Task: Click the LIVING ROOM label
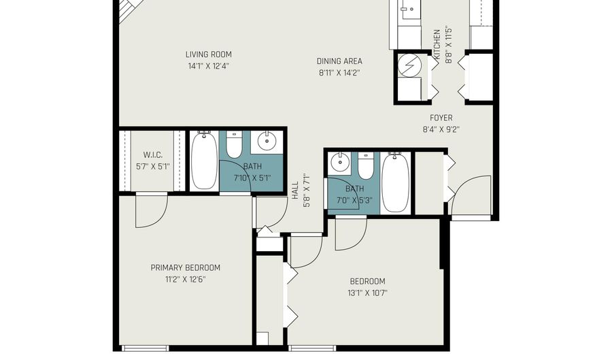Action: pos(209,54)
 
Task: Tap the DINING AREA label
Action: pos(339,61)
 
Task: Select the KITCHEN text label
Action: pos(437,44)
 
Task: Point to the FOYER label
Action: pos(441,118)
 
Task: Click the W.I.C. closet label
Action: pos(153,155)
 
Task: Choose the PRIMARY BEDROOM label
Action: pos(186,267)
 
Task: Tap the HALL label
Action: pos(295,190)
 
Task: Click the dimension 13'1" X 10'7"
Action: pos(367,293)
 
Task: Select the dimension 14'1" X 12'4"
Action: pos(209,65)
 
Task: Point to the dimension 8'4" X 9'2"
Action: pos(441,129)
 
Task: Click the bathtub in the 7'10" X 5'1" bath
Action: pos(204,160)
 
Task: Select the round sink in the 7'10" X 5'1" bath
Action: pos(267,142)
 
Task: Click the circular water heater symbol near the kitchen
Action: pos(410,67)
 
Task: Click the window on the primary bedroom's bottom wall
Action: pos(146,348)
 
